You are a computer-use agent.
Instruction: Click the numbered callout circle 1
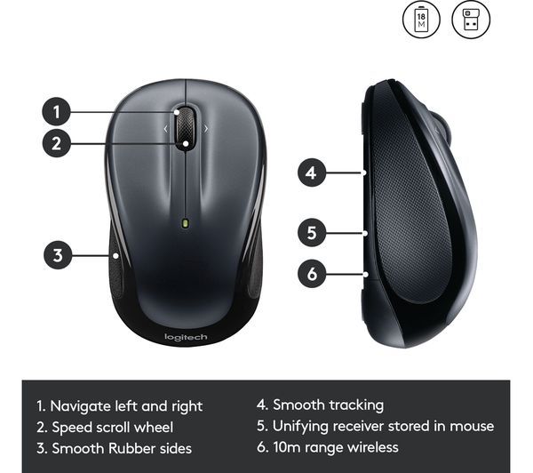coord(57,112)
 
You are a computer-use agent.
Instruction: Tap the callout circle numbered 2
coord(57,143)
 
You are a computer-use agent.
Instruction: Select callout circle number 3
coord(58,255)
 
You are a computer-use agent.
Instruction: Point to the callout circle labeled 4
coord(312,172)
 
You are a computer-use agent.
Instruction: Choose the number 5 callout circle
coord(312,233)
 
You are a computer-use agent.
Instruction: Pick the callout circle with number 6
coord(312,274)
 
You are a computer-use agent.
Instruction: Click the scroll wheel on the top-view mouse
coord(186,127)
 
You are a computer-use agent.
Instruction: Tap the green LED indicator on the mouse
coord(186,223)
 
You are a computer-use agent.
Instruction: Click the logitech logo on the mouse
coord(186,337)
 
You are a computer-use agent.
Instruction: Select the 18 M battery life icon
coord(421,19)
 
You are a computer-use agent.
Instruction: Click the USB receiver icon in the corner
coord(471,19)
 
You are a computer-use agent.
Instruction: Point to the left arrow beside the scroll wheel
coord(166,129)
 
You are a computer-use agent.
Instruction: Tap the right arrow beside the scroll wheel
coord(206,129)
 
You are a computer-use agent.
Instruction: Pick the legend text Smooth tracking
coord(329,405)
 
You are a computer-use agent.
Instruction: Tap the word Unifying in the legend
coord(300,427)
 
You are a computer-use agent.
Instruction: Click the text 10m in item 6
coord(287,447)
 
